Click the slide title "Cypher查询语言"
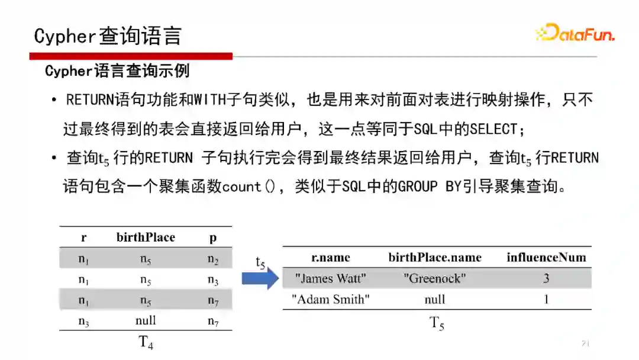click(108, 36)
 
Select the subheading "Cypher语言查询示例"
click(117, 72)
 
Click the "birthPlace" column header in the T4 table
click(146, 237)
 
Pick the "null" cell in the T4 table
click(146, 320)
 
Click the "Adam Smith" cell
click(331, 300)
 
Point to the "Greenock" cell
click(435, 278)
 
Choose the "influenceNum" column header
click(546, 257)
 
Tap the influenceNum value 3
click(546, 278)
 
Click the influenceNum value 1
click(546, 300)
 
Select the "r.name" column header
click(331, 257)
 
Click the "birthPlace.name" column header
click(435, 257)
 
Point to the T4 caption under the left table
click(146, 342)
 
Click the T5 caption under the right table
click(437, 323)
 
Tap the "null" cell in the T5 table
click(435, 300)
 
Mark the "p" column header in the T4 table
click(213, 237)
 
